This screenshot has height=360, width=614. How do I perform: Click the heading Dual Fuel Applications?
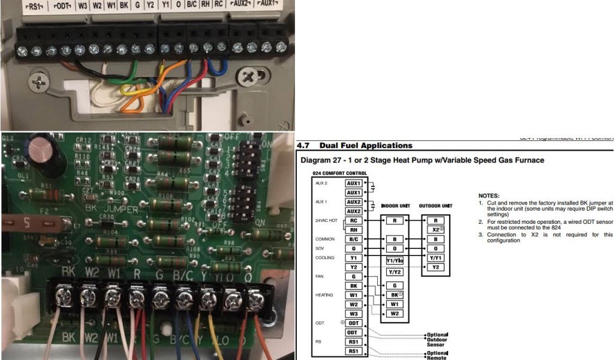pyautogui.click(x=366, y=146)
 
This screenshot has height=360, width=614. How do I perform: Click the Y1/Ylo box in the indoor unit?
pyautogui.click(x=394, y=260)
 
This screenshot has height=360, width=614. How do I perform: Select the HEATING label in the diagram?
pyautogui.click(x=324, y=295)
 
